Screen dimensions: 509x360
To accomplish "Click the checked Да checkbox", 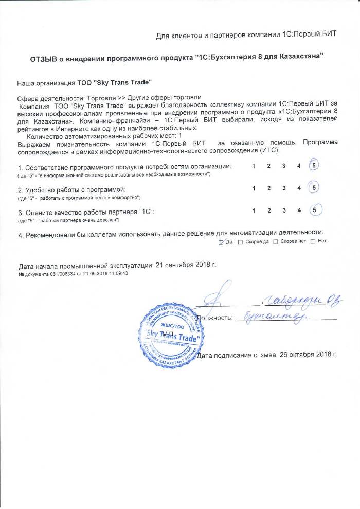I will click(x=221, y=242).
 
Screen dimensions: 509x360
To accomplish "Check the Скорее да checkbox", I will click(x=241, y=242).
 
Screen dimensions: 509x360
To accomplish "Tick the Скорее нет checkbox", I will click(x=276, y=242).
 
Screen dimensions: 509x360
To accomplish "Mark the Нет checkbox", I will click(x=313, y=242).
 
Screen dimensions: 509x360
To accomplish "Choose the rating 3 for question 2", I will click(x=283, y=188).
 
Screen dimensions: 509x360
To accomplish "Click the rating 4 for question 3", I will click(x=299, y=210).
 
